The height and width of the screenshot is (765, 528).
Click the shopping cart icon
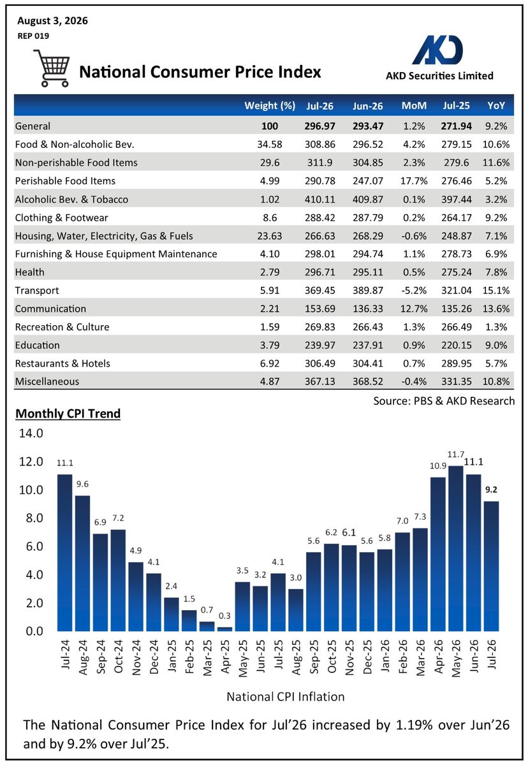pyautogui.click(x=52, y=68)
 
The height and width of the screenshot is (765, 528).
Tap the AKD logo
pyautogui.click(x=437, y=50)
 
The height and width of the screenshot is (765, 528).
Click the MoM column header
pyautogui.click(x=414, y=106)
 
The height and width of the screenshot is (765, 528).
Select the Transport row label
pyautogui.click(x=37, y=290)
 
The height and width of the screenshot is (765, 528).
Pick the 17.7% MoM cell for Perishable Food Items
pyautogui.click(x=414, y=180)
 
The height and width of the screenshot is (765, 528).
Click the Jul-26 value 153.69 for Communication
pyautogui.click(x=320, y=309)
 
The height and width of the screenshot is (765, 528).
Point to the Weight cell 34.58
pyautogui.click(x=270, y=145)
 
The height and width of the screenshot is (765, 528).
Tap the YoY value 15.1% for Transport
pyautogui.click(x=496, y=290)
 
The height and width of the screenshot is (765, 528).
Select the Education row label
pyautogui.click(x=37, y=346)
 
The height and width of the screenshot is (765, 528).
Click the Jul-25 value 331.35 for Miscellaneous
pyautogui.click(x=457, y=381)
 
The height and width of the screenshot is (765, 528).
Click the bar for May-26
pyautogui.click(x=455, y=548)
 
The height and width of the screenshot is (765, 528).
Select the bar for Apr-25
pyautogui.click(x=224, y=629)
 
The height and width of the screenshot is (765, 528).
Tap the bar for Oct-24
pyautogui.click(x=118, y=580)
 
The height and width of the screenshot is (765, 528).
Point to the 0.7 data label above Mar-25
pyautogui.click(x=207, y=609)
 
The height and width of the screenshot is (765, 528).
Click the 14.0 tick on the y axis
pyautogui.click(x=31, y=433)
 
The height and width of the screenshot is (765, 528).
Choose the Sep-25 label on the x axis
pyautogui.click(x=314, y=657)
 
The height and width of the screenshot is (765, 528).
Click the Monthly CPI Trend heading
pyautogui.click(x=68, y=414)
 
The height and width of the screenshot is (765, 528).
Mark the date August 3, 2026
pyautogui.click(x=52, y=21)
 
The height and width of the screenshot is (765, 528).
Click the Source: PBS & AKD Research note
pyautogui.click(x=444, y=400)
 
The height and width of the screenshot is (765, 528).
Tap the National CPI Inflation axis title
pyautogui.click(x=286, y=697)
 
